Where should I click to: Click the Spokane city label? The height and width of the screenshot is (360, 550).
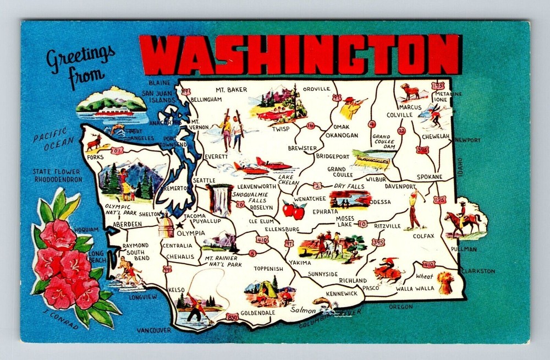[430, 177]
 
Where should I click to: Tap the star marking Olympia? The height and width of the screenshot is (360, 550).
[177, 225]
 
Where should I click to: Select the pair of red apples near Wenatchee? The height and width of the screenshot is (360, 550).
[294, 210]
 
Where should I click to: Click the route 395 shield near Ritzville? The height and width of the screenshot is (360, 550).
[378, 242]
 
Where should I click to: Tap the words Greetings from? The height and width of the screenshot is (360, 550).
[81, 66]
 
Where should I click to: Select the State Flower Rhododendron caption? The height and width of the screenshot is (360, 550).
[57, 176]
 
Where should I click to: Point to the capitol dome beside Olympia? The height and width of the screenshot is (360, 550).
[166, 226]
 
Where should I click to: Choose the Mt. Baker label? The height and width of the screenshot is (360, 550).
[231, 90]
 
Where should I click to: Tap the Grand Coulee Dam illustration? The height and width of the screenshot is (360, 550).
[371, 160]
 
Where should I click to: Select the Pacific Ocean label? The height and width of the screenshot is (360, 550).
[49, 139]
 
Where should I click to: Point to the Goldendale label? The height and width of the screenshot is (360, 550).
[257, 312]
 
